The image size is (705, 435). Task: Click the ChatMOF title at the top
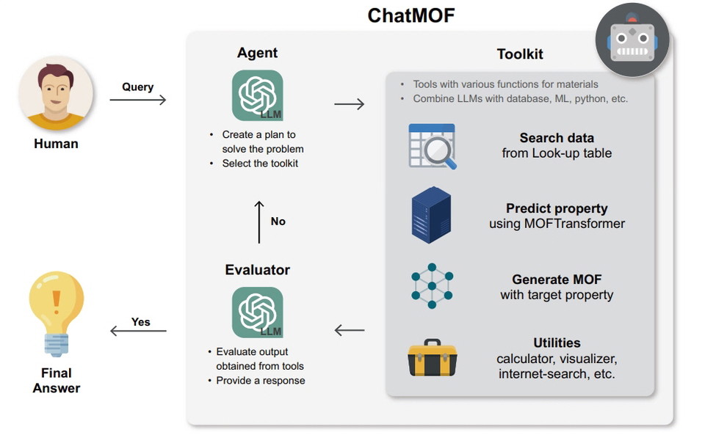[x=411, y=15]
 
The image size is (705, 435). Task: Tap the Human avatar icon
[x=56, y=93]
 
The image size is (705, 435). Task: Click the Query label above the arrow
[x=137, y=87]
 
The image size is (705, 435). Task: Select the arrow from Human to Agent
[x=138, y=100]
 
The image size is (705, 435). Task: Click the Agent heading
[x=257, y=53]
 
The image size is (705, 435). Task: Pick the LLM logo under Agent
[x=257, y=95]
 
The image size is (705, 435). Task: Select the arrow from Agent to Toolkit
[x=349, y=104]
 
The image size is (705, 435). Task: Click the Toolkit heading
[x=520, y=54]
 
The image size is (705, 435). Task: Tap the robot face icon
[x=632, y=40]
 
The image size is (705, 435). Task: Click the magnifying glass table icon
[x=432, y=147]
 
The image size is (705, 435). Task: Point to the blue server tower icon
[x=431, y=215]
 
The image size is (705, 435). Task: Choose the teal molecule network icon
[x=432, y=285]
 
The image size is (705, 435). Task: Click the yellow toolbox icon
[x=432, y=358]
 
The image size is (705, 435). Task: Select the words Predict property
[x=557, y=209]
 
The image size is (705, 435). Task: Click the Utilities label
[x=557, y=343]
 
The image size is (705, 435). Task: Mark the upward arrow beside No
[x=258, y=221]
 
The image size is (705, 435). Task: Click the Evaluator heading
[x=257, y=270]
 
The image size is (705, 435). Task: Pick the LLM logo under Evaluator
[x=257, y=312]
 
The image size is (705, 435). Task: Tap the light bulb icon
[x=56, y=312]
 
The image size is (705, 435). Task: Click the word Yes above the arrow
[x=140, y=321]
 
